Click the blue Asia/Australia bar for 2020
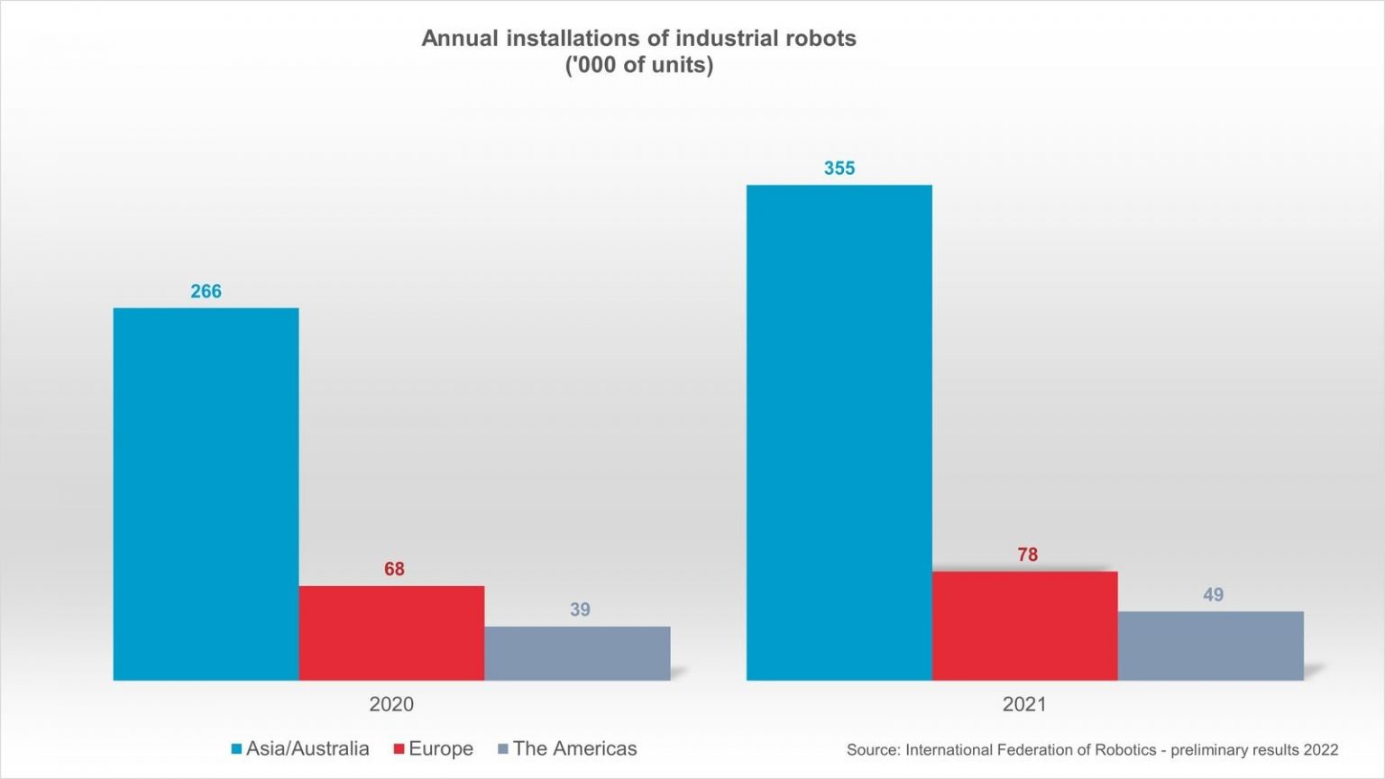coord(206,494)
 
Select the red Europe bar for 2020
coord(391,633)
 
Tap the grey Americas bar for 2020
coord(577,653)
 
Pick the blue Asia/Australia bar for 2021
coord(839,433)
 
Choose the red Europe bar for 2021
coord(1024,626)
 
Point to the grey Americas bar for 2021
coord(1211,646)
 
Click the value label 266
coord(206,291)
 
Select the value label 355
coord(839,169)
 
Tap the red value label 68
coord(394,569)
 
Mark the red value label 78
coord(1027,554)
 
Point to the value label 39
coord(580,609)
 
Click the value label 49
coord(1213,595)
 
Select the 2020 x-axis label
coord(391,704)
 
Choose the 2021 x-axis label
coord(1024,704)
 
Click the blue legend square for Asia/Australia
coord(236,749)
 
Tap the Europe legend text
coord(440,748)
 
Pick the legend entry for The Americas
coord(574,748)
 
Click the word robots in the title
coord(820,39)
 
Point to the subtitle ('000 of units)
coord(638,65)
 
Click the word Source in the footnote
coord(872,750)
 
